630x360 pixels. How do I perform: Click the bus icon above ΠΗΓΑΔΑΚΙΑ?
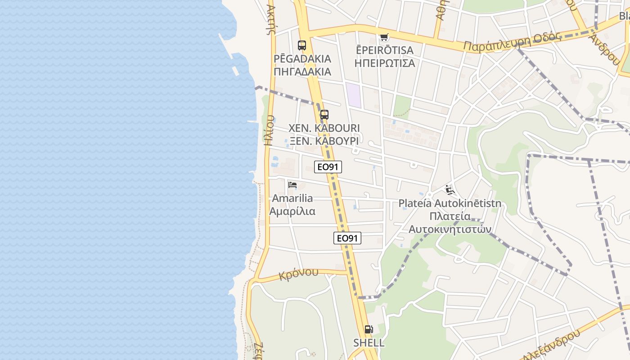click(x=301, y=45)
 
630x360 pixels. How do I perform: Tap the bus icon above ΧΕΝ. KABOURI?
click(x=324, y=115)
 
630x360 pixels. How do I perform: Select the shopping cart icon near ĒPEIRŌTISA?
click(x=384, y=37)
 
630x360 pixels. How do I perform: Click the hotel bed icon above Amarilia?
click(x=292, y=184)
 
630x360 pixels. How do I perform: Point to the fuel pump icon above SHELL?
click(x=369, y=329)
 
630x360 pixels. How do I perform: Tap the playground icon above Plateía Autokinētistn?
click(x=450, y=189)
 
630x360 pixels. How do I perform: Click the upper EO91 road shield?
click(x=328, y=167)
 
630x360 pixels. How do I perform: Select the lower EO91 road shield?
click(x=347, y=238)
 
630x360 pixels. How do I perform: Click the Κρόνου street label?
click(x=299, y=274)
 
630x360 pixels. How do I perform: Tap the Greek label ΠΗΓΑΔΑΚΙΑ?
click(x=302, y=72)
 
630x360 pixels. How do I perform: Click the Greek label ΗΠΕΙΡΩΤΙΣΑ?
click(x=385, y=63)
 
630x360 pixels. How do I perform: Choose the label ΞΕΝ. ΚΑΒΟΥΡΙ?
click(x=324, y=141)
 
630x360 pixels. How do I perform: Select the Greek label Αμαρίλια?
click(x=292, y=211)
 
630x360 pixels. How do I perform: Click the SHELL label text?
click(x=369, y=343)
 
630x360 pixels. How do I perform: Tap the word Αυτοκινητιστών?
click(x=450, y=229)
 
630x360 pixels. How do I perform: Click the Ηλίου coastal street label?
click(x=269, y=130)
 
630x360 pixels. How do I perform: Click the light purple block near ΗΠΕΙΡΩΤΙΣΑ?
click(x=354, y=95)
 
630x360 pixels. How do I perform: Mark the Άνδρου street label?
click(x=606, y=50)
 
